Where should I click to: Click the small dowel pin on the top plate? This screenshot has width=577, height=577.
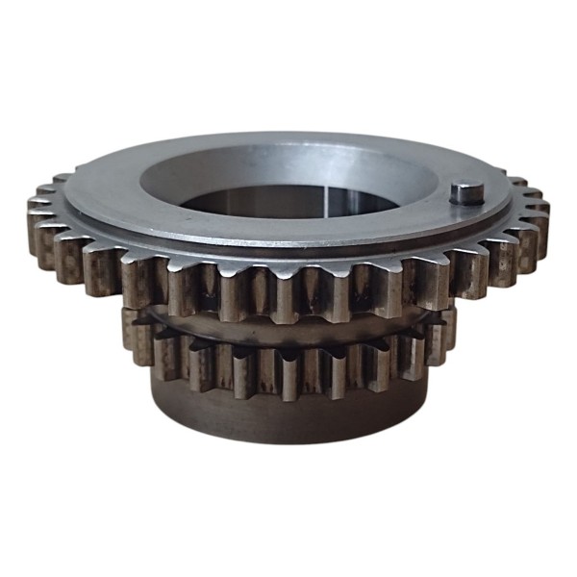465,192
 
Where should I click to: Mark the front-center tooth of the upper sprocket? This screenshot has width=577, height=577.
288,293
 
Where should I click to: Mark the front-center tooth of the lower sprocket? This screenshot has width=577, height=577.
288,370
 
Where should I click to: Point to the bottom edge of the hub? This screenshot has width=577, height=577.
288,441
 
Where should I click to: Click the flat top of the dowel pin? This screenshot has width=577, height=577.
465,188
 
